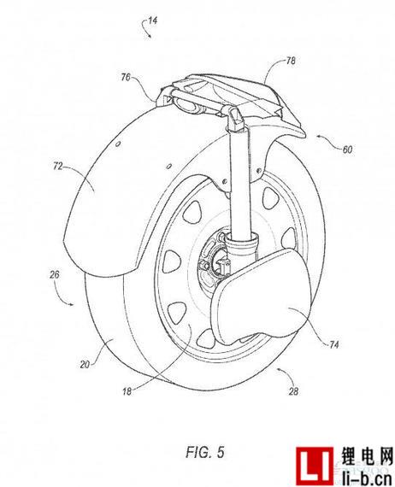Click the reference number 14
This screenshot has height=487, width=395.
coord(153,21)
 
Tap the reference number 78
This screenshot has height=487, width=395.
coord(291,61)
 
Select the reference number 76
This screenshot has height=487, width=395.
coord(126,77)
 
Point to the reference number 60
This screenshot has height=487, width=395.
coord(347,150)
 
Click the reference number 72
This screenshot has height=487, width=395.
coord(57,167)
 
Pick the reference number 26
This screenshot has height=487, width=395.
coord(55,275)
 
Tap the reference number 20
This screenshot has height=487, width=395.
coord(85,364)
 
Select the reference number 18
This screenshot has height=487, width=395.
coord(127,391)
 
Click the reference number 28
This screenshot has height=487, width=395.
coord(293,391)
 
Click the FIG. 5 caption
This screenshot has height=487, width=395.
coord(205,452)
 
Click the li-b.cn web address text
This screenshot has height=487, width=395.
coord(365,478)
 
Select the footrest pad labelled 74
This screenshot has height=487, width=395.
coord(264,298)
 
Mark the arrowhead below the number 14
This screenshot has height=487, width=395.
coord(150,36)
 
